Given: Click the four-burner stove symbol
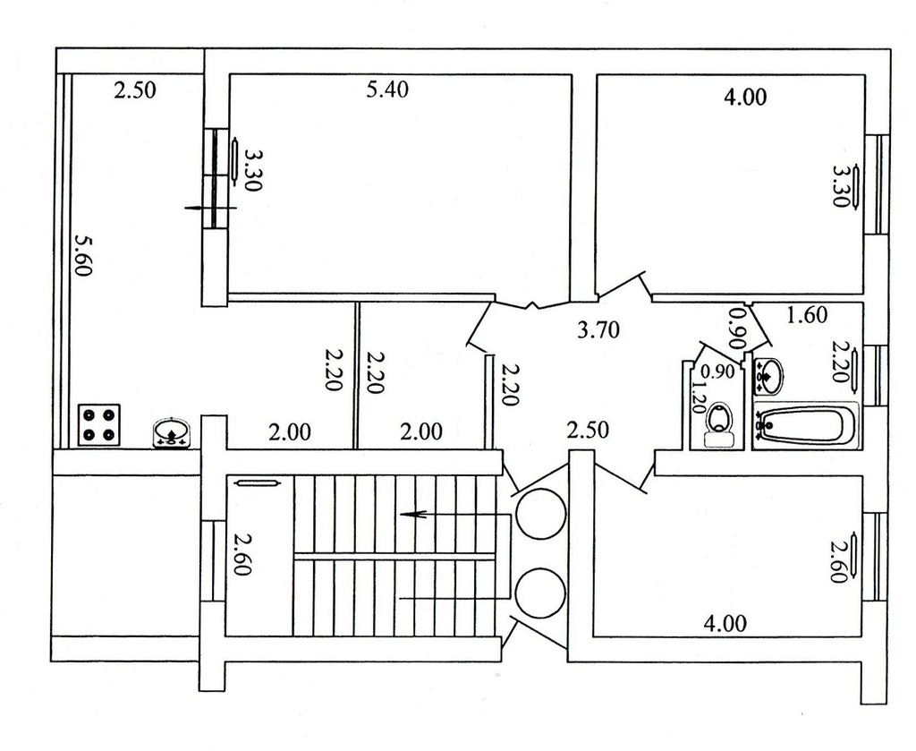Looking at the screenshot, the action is click(99, 425).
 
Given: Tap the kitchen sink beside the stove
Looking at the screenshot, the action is click(171, 433).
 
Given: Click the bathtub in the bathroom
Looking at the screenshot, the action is click(806, 425).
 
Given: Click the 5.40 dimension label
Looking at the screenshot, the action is click(386, 90).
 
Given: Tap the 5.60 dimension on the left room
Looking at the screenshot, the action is click(83, 255).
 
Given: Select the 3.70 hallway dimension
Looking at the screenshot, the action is click(598, 330).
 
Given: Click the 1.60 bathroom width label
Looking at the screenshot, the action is click(807, 315).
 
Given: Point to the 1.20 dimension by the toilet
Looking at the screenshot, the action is click(698, 397).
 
